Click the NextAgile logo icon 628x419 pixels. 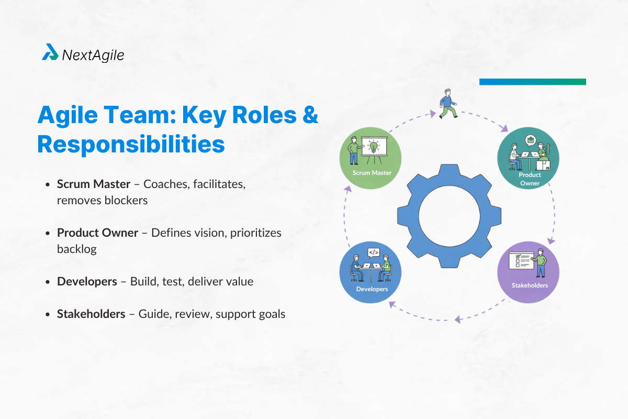click(x=50, y=52)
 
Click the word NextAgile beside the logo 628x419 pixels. click(x=93, y=54)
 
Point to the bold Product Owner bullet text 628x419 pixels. click(x=98, y=233)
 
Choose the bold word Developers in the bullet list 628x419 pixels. click(x=87, y=281)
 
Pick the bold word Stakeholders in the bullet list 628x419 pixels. click(x=91, y=314)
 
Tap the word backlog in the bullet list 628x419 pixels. click(x=77, y=249)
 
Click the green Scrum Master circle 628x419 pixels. click(x=371, y=157)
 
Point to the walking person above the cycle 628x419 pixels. click(x=447, y=103)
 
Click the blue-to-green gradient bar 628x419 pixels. click(x=532, y=82)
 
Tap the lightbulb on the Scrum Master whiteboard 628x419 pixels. click(x=374, y=145)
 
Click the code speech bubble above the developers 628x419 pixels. click(x=373, y=252)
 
